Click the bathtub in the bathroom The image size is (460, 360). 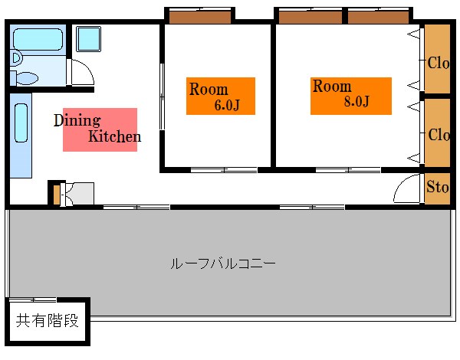click(x=38, y=38)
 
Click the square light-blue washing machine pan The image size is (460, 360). click(x=88, y=38)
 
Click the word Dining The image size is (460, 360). click(x=77, y=120)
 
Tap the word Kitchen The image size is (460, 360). click(x=114, y=137)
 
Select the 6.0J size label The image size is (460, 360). click(x=227, y=105)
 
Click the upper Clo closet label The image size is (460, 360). click(x=439, y=63)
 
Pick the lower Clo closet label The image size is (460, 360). click(x=439, y=135)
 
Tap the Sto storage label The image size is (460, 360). click(x=438, y=186)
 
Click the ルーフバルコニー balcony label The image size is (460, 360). click(x=222, y=263)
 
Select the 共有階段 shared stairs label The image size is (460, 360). click(x=48, y=320)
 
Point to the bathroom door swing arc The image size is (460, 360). click(x=82, y=71)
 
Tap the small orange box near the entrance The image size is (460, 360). click(x=55, y=195)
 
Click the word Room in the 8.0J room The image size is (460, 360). click(x=332, y=86)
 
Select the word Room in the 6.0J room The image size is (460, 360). click(x=209, y=89)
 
